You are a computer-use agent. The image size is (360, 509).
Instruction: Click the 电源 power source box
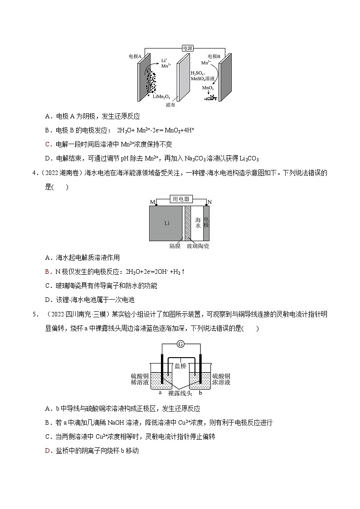[x=187, y=48]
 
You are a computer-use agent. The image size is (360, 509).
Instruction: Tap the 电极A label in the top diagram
[x=135, y=57]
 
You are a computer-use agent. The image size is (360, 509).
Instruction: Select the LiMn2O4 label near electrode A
[x=161, y=97]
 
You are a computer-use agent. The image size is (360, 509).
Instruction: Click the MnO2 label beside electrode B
[x=208, y=88]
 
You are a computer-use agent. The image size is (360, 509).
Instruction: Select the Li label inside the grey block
[x=167, y=223]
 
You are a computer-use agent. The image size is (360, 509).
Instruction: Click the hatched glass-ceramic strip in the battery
[x=187, y=223]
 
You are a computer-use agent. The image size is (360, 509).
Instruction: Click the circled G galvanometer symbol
[x=180, y=344]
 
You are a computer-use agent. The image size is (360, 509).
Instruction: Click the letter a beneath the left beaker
[x=160, y=393]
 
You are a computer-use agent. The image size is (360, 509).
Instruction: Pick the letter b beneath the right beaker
[x=200, y=393]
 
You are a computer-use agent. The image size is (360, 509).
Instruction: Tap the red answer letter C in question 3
[x=48, y=144]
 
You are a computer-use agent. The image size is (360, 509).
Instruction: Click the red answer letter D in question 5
[x=48, y=451]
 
